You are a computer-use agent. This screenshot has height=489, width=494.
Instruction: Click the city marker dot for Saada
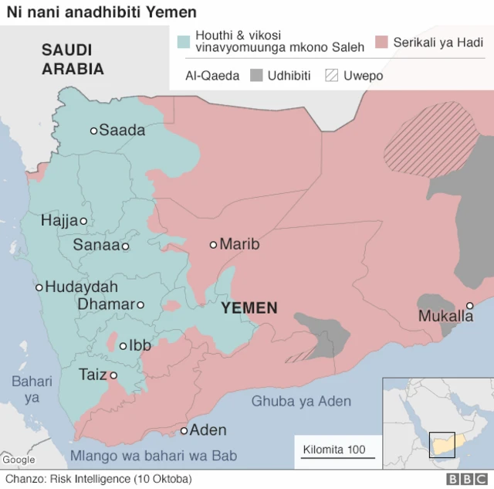point(94,131)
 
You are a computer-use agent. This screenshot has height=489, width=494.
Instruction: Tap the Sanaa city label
point(96,246)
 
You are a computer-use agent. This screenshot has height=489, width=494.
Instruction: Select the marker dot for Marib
point(214,245)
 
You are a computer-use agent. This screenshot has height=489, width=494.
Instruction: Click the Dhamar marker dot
point(140,305)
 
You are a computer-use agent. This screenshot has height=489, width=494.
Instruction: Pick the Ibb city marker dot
point(123,346)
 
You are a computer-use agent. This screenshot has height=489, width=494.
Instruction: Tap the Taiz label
point(93,375)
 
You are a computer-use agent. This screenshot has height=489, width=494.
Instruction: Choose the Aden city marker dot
point(184,430)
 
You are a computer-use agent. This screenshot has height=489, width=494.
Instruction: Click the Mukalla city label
point(445,316)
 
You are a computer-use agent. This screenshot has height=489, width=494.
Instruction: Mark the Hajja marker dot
point(83,221)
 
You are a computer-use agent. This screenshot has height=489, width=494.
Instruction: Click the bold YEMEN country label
point(249,308)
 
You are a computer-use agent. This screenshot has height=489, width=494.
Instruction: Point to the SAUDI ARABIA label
point(73,59)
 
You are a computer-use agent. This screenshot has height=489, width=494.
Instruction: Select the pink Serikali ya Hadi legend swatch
point(381,42)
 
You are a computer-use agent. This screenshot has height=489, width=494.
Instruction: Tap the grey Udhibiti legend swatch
point(256,76)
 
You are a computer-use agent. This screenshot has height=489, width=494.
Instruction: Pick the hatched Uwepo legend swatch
point(333,76)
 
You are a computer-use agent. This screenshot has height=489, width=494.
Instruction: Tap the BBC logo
point(465,479)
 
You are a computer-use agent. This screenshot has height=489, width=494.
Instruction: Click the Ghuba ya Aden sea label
point(301,401)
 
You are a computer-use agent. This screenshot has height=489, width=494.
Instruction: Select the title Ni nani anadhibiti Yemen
point(101,12)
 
